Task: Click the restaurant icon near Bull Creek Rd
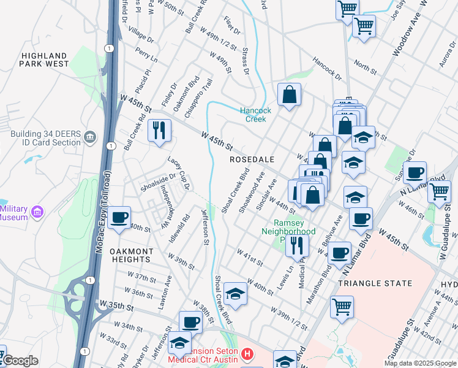(x=159, y=131)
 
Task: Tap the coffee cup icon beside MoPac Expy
(x=119, y=217)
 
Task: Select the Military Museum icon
(x=37, y=213)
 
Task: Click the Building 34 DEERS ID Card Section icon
(x=90, y=136)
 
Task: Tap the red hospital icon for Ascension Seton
(x=246, y=354)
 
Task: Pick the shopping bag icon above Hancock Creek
(x=289, y=94)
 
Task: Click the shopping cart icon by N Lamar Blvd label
(x=440, y=191)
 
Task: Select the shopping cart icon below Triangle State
(x=342, y=307)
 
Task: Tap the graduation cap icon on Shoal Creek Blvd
(x=235, y=294)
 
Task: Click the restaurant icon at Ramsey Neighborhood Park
(x=297, y=245)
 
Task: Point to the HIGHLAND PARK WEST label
(x=44, y=59)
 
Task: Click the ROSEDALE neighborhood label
(x=251, y=159)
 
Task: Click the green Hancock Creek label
(x=255, y=115)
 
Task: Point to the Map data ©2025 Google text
(x=420, y=363)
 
